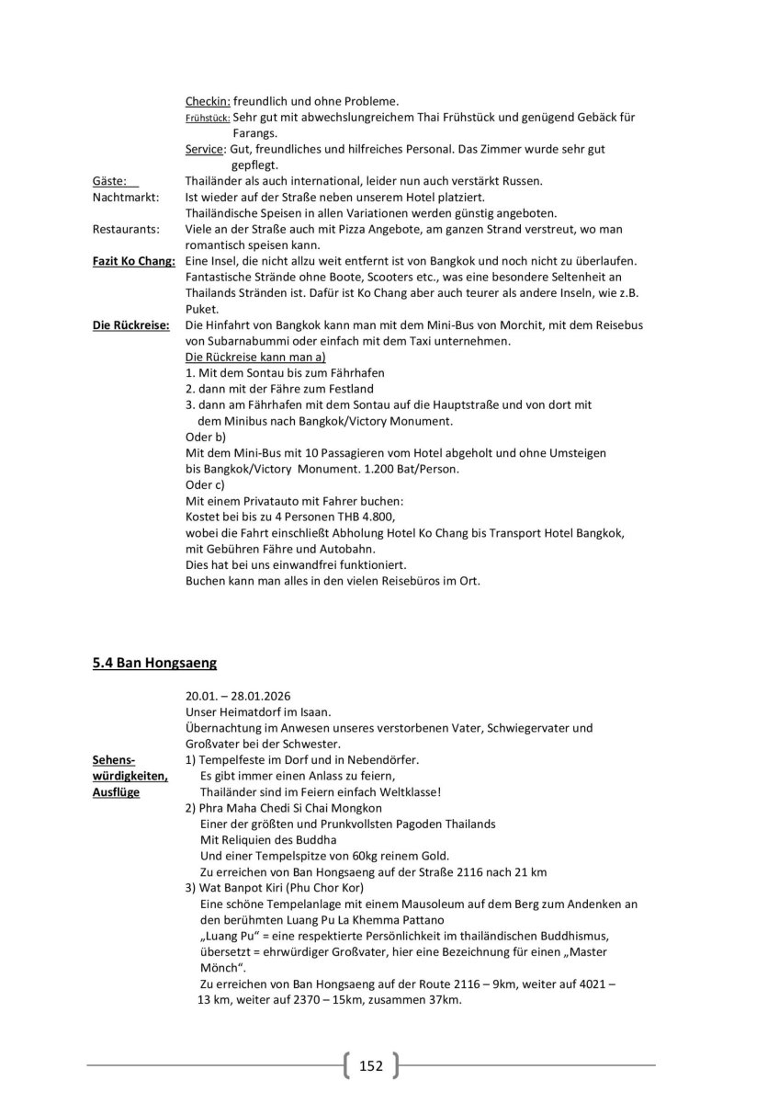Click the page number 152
[x=370, y=1066]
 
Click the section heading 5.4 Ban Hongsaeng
[x=154, y=662]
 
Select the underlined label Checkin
[x=207, y=100]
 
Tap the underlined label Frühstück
[x=207, y=118]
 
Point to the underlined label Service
[x=205, y=149]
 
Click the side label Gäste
[x=109, y=181]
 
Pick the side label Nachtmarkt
[x=125, y=198]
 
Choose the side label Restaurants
[x=126, y=229]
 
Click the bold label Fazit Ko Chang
[x=133, y=261]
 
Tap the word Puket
[x=200, y=310]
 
